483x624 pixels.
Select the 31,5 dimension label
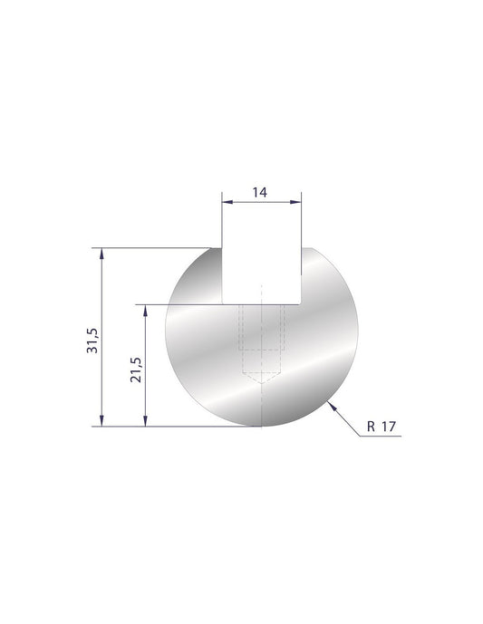(x=92, y=336)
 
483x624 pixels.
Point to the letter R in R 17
(x=373, y=427)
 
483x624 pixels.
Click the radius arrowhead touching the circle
(x=336, y=408)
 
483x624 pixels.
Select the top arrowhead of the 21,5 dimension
(x=145, y=310)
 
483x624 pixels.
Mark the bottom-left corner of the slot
(x=223, y=303)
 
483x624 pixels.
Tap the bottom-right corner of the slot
(x=301, y=303)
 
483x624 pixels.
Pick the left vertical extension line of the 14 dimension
(x=223, y=222)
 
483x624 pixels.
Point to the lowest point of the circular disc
(x=262, y=425)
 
